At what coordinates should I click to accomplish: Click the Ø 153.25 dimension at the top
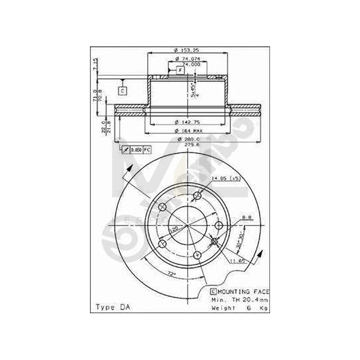point(187,50)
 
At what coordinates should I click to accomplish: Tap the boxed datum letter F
point(180,71)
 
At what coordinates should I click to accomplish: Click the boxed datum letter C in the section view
point(122,91)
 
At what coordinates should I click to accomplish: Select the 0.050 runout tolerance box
point(136,150)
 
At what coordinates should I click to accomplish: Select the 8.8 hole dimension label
point(247,218)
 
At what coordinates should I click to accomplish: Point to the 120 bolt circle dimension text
point(175,229)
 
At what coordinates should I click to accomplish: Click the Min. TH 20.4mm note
point(239,300)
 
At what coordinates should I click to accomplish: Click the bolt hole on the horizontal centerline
point(218,226)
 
